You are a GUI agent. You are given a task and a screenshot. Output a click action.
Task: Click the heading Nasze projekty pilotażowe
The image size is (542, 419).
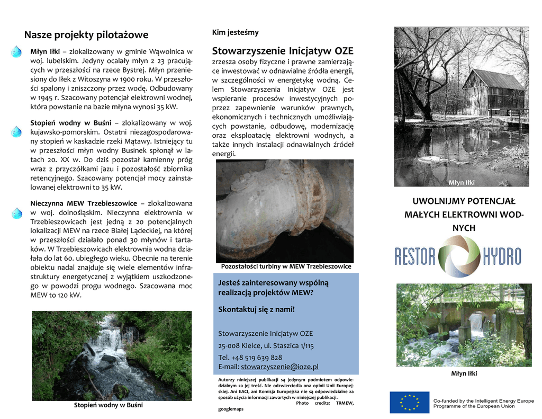point(86,35)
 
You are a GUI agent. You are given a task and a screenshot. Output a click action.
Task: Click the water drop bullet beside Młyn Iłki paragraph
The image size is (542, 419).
point(16,52)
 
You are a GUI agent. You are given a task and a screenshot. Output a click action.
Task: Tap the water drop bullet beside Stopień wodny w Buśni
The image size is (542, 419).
point(16,131)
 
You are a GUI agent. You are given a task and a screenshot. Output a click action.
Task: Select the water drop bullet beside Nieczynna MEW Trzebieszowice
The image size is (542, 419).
point(16,212)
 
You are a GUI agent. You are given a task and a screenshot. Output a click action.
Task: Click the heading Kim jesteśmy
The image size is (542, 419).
point(235,33)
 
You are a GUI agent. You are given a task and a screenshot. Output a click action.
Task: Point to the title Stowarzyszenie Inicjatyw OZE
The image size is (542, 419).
point(283,51)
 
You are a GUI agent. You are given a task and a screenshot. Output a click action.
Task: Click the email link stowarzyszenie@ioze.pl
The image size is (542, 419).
point(279,367)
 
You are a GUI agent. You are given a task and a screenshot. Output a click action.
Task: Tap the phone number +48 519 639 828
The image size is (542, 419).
point(250,357)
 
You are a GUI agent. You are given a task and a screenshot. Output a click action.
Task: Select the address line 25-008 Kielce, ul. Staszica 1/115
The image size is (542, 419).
point(266,345)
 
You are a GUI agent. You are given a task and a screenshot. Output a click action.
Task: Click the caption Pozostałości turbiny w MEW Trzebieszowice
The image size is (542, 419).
point(286,266)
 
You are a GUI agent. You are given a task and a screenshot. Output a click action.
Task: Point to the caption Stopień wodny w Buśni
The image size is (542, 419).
point(108,405)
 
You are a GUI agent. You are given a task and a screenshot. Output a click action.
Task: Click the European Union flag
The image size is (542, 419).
point(409,402)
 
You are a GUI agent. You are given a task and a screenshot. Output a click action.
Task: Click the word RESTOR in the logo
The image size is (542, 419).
point(414,257)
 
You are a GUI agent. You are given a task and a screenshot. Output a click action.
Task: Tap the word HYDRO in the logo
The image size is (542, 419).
point(502,257)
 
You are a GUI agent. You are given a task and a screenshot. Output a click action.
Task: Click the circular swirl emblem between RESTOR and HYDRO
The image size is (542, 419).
point(458,256)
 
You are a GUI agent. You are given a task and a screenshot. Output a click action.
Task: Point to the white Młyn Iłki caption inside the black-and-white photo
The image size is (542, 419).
point(462,183)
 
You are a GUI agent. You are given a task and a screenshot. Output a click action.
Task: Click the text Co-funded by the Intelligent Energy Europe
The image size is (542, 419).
point(483,400)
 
